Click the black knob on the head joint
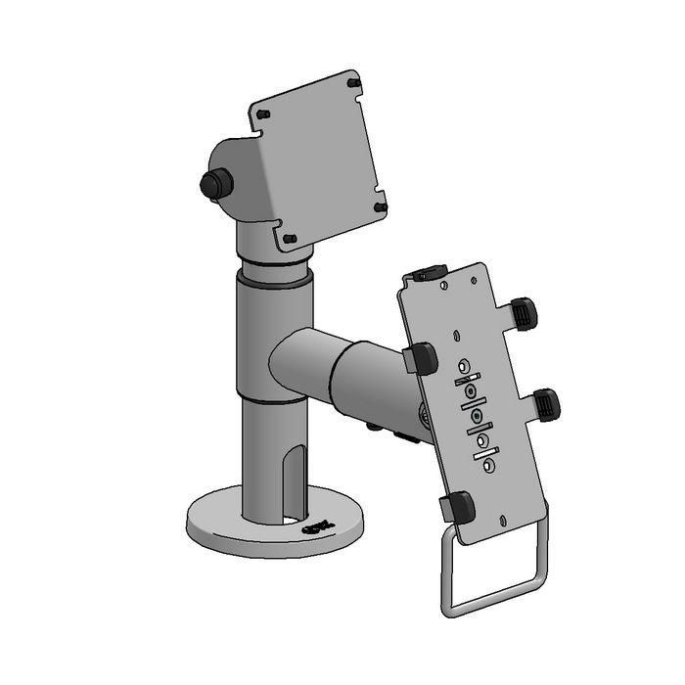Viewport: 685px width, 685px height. (213, 184)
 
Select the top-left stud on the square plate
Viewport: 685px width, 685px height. (263, 115)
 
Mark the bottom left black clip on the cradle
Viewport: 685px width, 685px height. (456, 507)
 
